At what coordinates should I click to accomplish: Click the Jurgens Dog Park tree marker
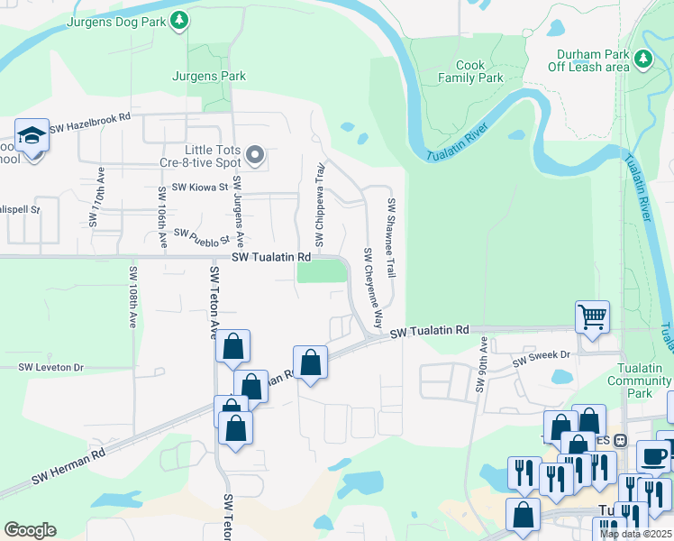click(x=179, y=19)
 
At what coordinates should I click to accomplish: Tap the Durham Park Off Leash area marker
click(x=642, y=60)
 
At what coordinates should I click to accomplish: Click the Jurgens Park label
click(x=209, y=77)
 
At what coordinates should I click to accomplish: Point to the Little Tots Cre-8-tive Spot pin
click(x=255, y=156)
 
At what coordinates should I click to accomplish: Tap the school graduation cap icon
click(x=32, y=135)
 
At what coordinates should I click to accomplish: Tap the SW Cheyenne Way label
click(x=373, y=287)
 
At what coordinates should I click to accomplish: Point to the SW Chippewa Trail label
click(x=319, y=205)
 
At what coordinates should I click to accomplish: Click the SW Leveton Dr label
click(x=51, y=367)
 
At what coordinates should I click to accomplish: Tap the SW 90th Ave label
click(x=482, y=365)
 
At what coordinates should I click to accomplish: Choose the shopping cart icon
click(x=592, y=316)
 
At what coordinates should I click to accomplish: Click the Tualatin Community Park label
click(x=640, y=381)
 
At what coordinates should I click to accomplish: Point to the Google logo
click(x=30, y=530)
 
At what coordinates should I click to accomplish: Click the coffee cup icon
click(x=653, y=455)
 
